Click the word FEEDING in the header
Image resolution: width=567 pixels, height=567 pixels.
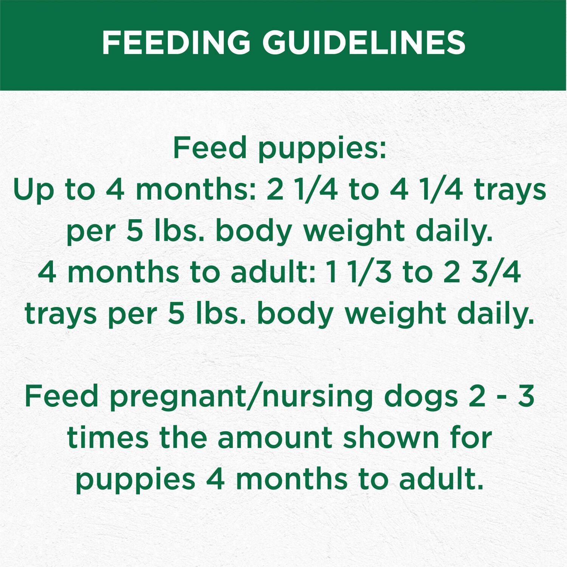(176, 42)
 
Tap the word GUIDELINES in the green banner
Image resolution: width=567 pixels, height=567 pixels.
(364, 42)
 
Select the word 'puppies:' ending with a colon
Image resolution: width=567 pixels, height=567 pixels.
(322, 148)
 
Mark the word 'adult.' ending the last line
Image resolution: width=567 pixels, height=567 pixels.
(441, 479)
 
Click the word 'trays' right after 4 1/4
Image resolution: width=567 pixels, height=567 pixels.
(510, 190)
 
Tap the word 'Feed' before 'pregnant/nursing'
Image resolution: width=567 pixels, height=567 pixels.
(61, 396)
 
